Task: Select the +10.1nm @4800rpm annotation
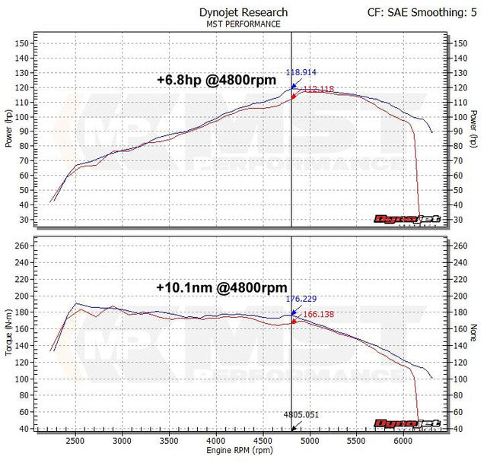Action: (x=221, y=287)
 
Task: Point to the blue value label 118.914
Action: (x=301, y=73)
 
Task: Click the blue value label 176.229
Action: (x=301, y=299)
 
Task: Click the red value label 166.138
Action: (x=318, y=313)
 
